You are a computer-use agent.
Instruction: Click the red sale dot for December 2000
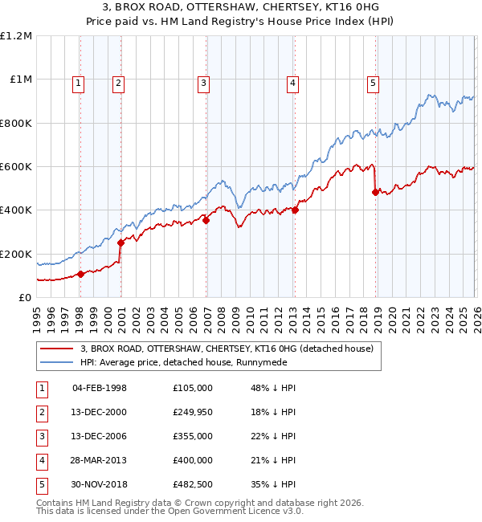point(121,243)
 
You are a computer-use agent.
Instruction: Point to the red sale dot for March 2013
point(295,210)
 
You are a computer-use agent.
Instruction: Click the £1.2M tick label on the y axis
point(16,36)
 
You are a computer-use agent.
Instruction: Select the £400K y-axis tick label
point(16,210)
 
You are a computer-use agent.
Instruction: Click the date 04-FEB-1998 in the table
point(99,388)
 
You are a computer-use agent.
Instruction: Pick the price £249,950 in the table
point(192,412)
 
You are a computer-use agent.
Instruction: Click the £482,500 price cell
point(192,484)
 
